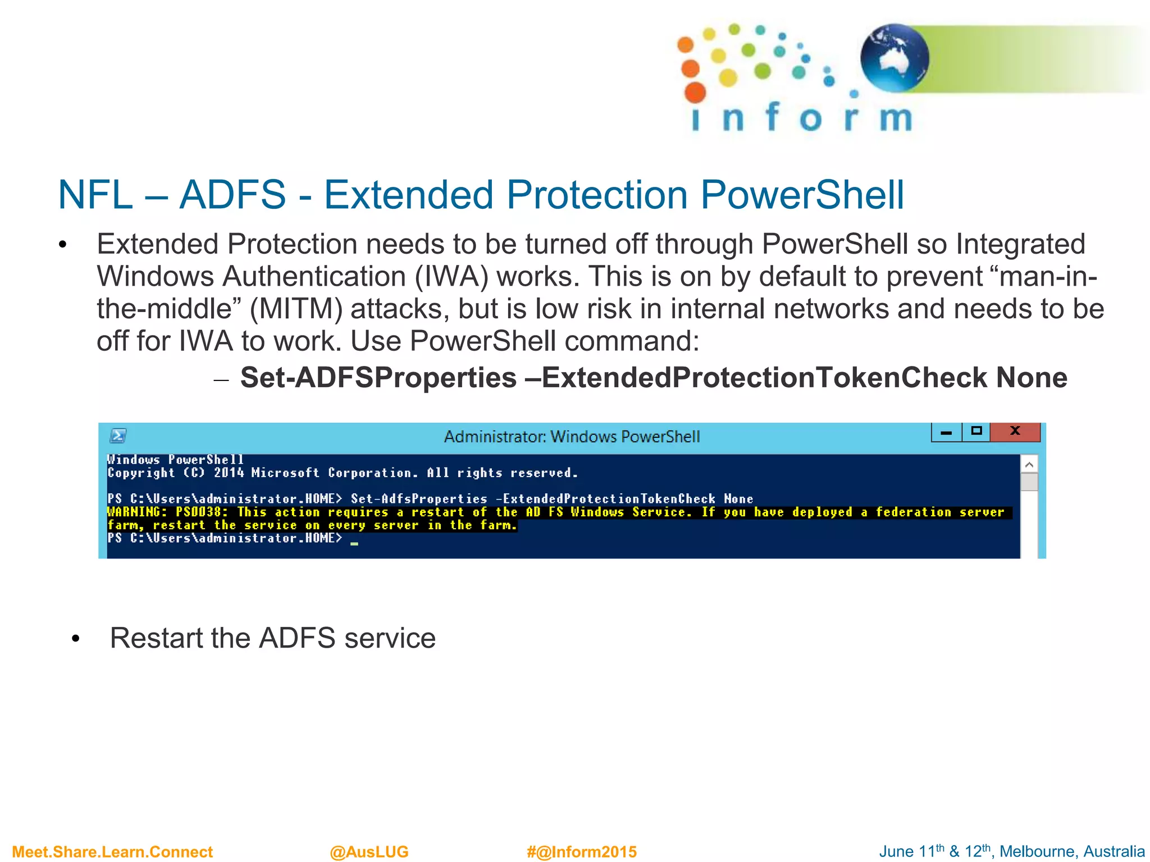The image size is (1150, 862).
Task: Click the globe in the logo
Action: tap(894, 58)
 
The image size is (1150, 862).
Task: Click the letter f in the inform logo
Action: tap(772, 117)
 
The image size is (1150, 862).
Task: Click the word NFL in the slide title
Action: tap(95, 195)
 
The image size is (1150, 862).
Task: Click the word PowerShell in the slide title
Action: tap(802, 195)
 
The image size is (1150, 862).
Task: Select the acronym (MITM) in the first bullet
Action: tap(295, 309)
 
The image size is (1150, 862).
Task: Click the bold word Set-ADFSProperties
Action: tap(378, 377)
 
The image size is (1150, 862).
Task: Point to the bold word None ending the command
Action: tap(1031, 377)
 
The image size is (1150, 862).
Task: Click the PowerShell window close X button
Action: tap(1015, 431)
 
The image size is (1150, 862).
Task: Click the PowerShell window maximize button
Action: tap(976, 431)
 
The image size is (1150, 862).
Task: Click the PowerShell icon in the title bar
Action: tap(118, 435)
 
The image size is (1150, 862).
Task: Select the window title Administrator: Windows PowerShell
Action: tap(572, 437)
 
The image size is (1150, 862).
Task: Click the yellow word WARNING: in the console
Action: tap(137, 512)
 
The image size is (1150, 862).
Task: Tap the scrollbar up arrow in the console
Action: tap(1029, 464)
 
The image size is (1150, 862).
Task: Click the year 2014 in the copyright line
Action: tap(229, 473)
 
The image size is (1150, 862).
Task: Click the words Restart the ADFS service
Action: tap(272, 638)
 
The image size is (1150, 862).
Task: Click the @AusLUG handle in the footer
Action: tap(369, 851)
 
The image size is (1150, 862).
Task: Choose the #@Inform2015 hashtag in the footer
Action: tap(581, 851)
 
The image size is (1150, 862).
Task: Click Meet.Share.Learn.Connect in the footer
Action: tap(112, 851)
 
